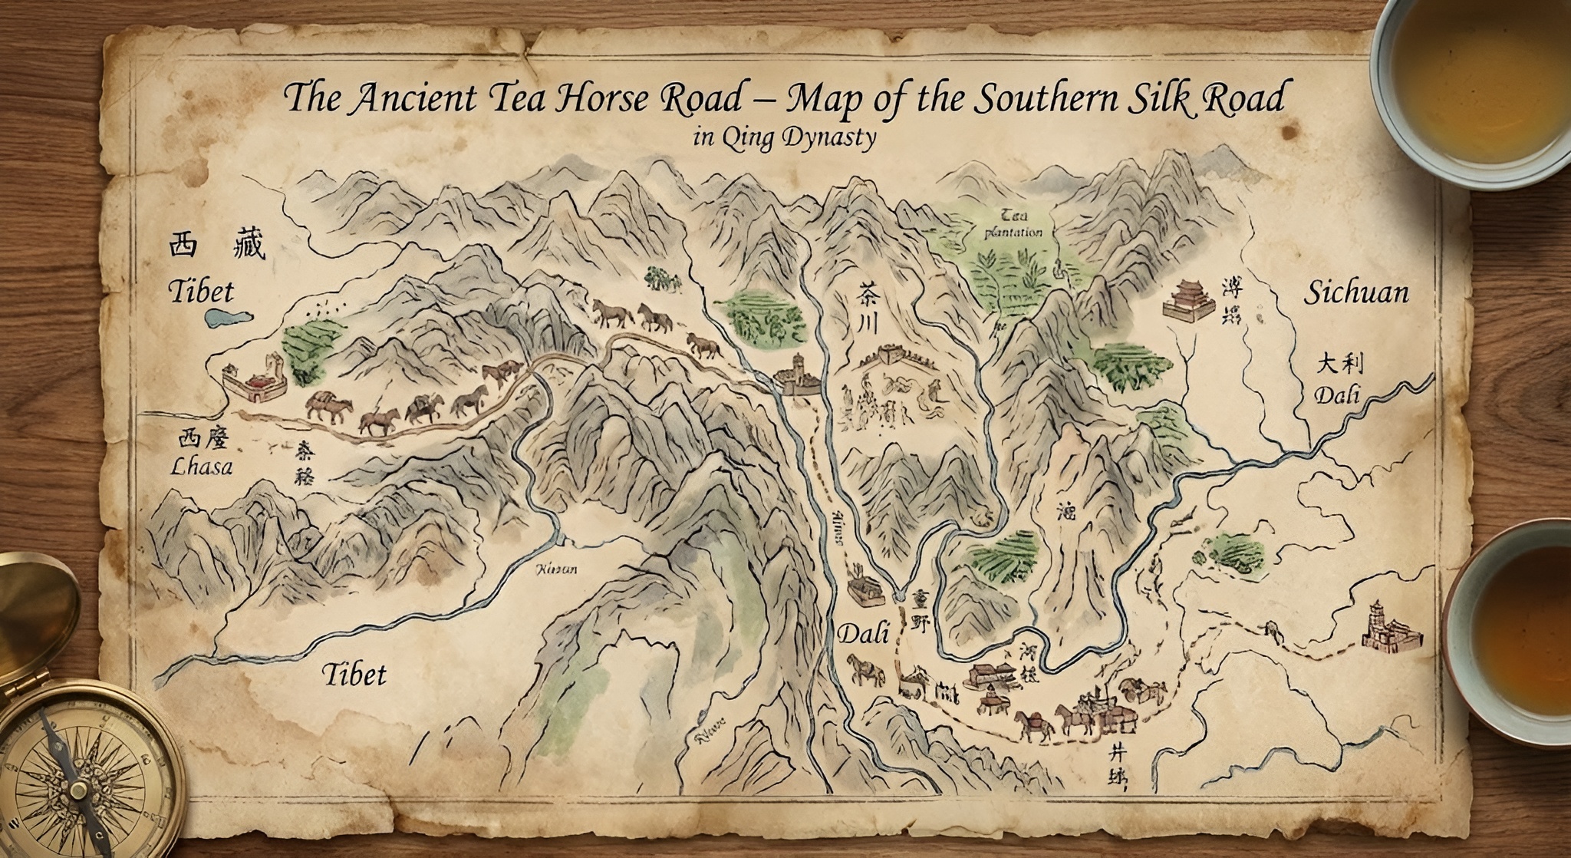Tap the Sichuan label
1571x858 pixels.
click(x=1356, y=292)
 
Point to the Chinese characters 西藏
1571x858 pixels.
click(x=216, y=246)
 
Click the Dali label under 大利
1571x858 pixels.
click(x=1337, y=395)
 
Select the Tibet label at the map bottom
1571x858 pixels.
click(x=353, y=675)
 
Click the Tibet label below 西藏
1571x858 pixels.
click(x=200, y=292)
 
